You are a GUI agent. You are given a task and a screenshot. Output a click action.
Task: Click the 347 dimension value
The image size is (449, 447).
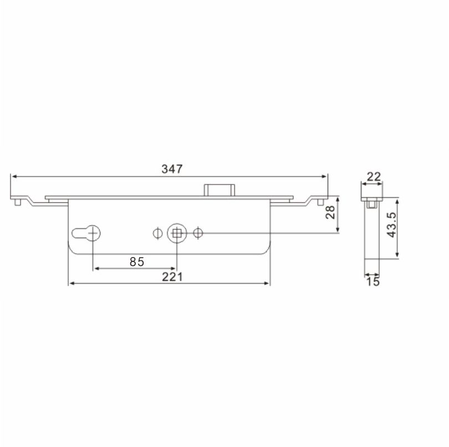tap(172, 169)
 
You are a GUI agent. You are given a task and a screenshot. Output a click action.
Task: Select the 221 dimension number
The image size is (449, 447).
tap(172, 277)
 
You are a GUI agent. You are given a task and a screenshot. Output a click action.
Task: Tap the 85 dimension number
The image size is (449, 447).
tap(137, 261)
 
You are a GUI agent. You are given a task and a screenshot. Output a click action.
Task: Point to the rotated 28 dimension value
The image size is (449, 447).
tap(330, 212)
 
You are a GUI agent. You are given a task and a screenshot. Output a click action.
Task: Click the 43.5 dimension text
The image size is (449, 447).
tap(391, 225)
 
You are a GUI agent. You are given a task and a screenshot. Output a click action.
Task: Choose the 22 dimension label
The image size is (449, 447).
tap(374, 177)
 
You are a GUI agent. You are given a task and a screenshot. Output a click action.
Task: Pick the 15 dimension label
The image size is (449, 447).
tap(373, 281)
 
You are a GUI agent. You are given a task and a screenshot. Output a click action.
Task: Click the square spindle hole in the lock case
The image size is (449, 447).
tap(177, 233)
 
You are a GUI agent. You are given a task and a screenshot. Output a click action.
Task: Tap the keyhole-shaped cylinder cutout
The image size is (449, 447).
tap(86, 233)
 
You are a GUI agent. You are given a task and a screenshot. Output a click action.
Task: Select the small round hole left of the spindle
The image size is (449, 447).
tap(157, 233)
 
